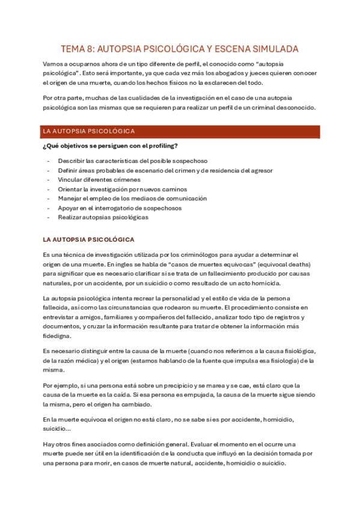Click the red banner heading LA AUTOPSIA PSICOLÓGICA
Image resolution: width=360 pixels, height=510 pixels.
[x=88, y=131]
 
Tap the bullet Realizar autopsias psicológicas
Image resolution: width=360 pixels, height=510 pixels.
[x=103, y=217]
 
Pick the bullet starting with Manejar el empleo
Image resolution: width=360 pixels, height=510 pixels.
[x=132, y=198]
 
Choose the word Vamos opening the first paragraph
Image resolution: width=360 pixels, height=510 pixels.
[x=53, y=64]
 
